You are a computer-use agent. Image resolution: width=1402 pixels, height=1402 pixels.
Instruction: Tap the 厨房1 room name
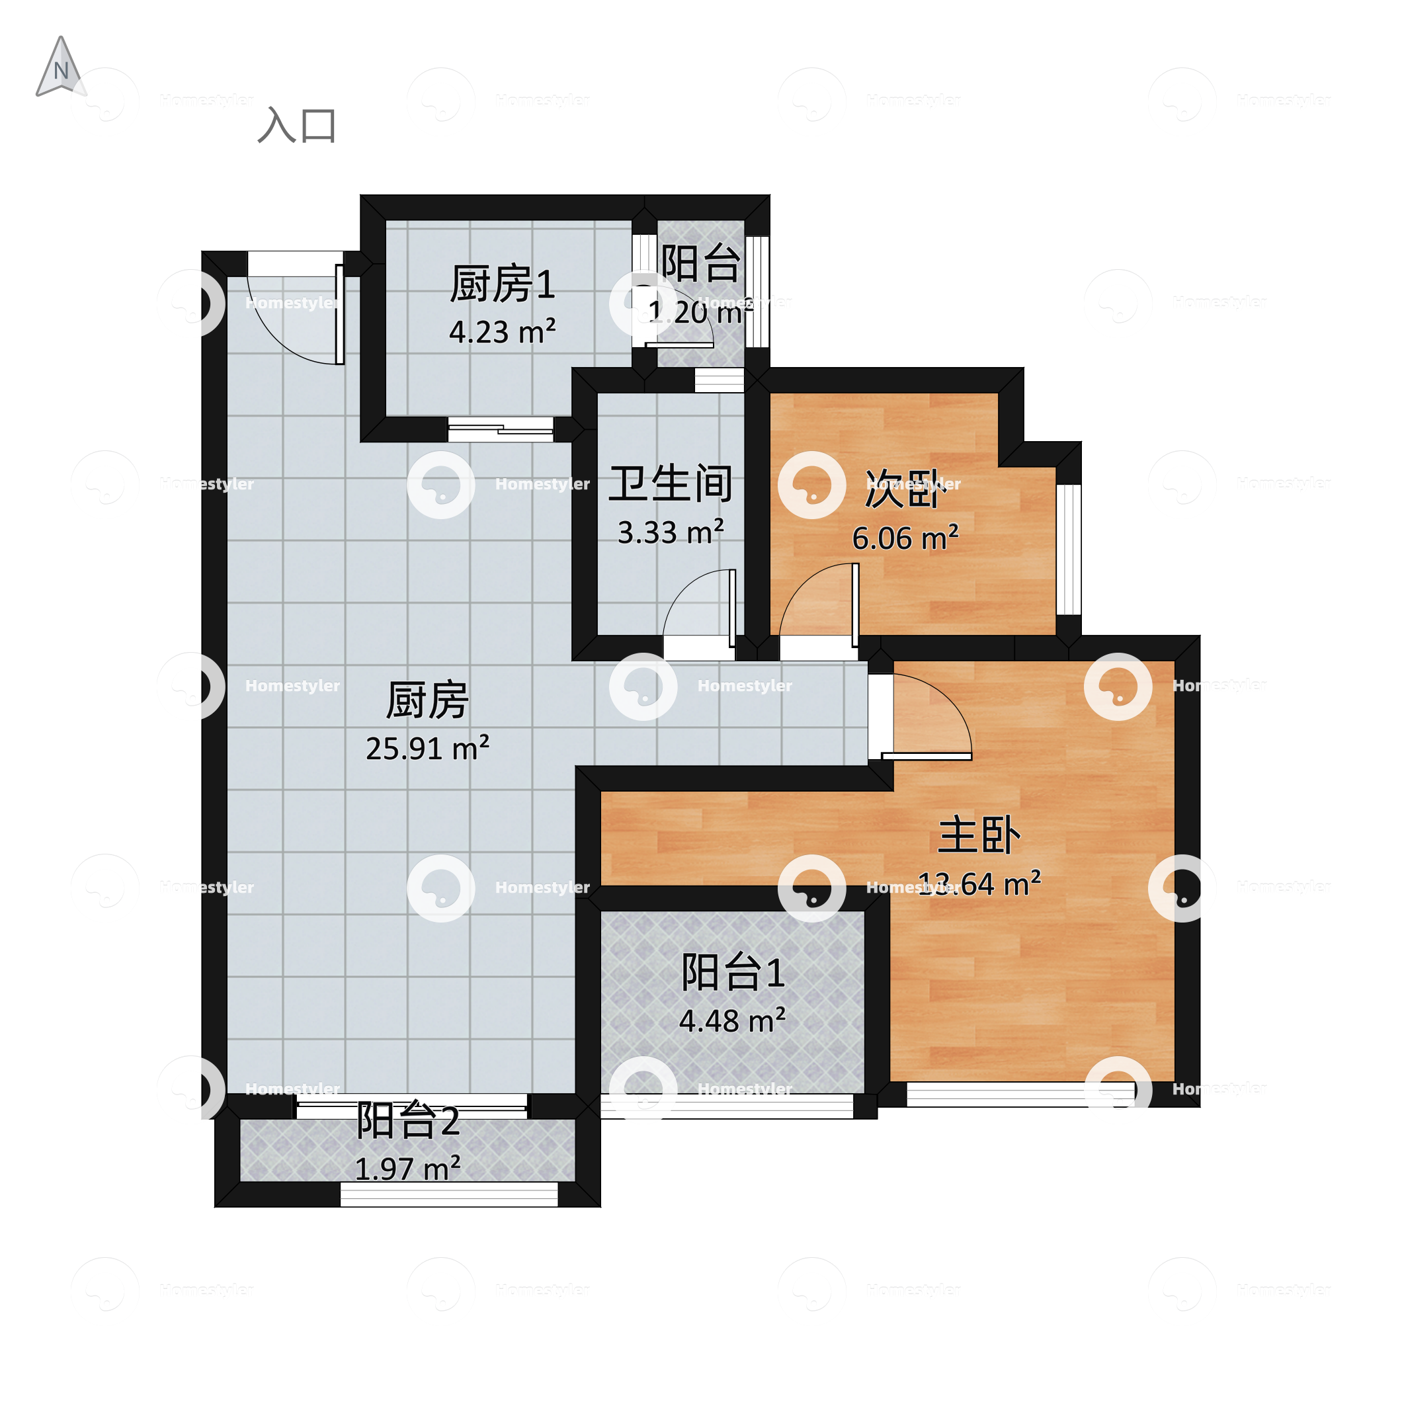(x=502, y=284)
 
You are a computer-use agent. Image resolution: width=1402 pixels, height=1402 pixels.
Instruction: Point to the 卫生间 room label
(x=670, y=483)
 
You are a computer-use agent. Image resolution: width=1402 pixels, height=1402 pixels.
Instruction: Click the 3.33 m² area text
(x=670, y=532)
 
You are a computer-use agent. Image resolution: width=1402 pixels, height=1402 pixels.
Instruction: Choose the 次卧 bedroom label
(x=905, y=489)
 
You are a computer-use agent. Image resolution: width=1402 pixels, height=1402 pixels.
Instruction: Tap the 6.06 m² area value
(x=905, y=538)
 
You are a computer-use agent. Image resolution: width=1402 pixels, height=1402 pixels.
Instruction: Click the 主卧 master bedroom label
(x=979, y=835)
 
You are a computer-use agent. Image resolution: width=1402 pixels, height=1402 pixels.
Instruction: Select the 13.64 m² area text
(x=979, y=884)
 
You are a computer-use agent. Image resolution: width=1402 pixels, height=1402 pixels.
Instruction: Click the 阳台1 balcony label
(x=732, y=973)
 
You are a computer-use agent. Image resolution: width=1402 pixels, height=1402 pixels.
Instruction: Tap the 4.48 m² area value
(x=732, y=1021)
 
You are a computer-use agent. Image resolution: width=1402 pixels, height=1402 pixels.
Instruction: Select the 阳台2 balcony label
(x=407, y=1121)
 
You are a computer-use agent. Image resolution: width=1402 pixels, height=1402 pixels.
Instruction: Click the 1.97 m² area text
(x=407, y=1169)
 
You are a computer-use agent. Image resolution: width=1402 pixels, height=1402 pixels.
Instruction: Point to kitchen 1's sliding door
(x=501, y=430)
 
